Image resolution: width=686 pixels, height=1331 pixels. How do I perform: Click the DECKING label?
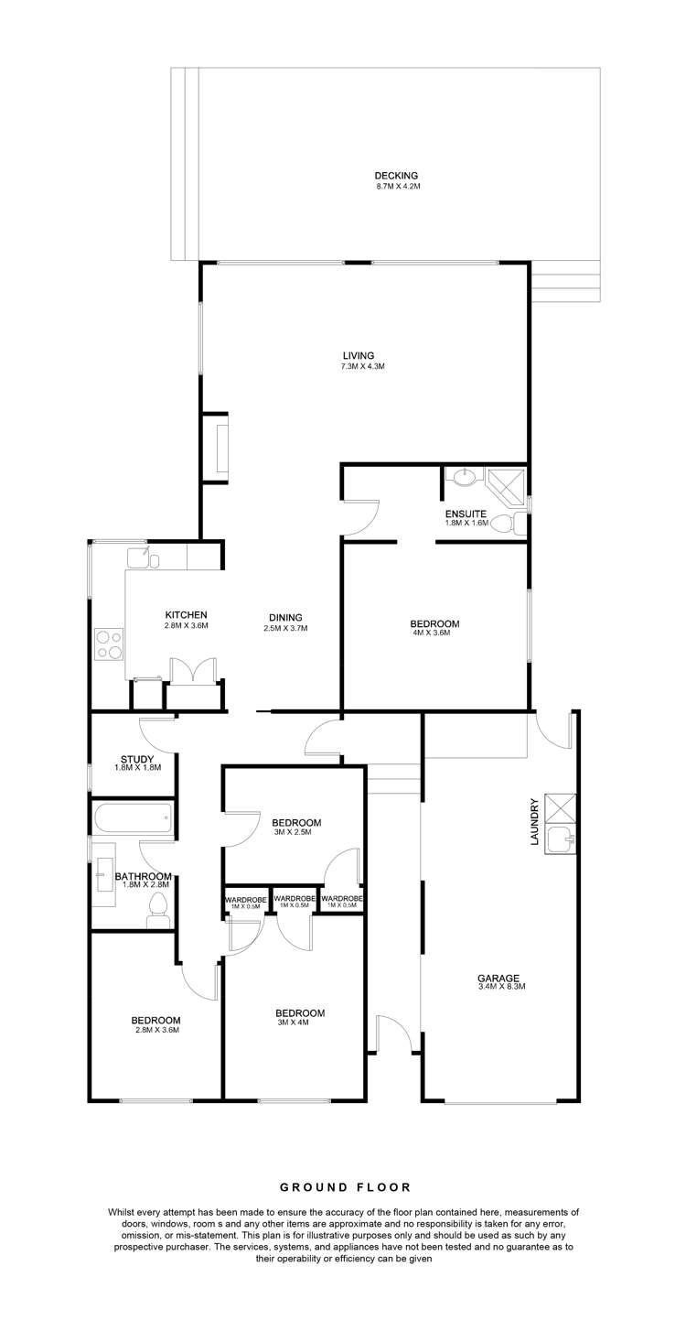(396, 176)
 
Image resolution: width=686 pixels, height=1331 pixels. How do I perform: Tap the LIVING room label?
(359, 356)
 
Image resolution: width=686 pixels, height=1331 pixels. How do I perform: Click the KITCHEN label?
(187, 614)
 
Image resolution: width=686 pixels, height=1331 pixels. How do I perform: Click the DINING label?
(285, 617)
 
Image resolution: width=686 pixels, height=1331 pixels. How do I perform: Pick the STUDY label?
(137, 758)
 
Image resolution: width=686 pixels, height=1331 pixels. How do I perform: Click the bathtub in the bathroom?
(132, 817)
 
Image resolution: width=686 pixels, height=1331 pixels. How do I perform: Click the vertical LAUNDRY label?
(533, 821)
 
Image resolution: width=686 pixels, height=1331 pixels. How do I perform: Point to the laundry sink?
(560, 838)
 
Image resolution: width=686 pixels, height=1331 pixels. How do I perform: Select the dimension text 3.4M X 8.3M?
(501, 987)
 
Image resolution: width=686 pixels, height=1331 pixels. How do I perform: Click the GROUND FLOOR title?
(345, 1187)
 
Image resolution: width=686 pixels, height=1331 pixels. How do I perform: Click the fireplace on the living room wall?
(220, 446)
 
